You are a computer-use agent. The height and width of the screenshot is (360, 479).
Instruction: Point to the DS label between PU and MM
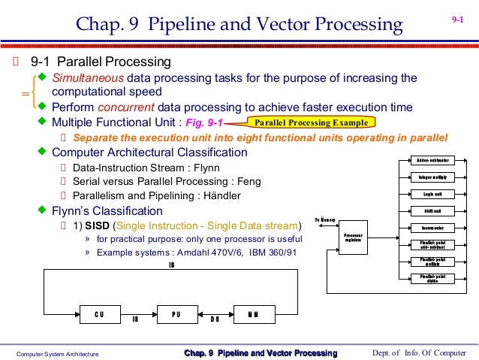point(215,319)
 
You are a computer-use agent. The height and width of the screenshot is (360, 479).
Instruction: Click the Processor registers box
point(352,237)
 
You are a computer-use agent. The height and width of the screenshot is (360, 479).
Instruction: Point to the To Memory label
point(325,219)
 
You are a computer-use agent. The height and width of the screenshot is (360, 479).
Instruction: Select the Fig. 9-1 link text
point(203,123)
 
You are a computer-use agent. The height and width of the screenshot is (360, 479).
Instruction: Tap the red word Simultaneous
point(87,78)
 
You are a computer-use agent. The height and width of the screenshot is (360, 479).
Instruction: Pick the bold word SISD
point(98,225)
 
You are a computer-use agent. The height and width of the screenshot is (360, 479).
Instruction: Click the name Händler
point(222,195)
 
